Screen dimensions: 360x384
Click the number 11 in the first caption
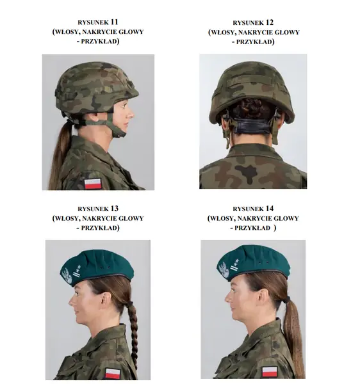tap(114, 22)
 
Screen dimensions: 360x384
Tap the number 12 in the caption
tap(269, 22)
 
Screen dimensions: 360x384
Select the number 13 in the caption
tap(114, 209)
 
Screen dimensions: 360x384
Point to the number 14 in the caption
tap(269, 209)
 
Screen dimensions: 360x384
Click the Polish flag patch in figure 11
tap(93, 184)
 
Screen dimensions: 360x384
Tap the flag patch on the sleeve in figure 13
tap(113, 374)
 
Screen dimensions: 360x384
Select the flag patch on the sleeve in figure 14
tap(270, 372)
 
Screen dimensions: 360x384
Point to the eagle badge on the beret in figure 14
tap(224, 270)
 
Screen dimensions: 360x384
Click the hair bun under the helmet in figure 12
tap(252, 108)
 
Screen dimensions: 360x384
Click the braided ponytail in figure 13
tap(133, 335)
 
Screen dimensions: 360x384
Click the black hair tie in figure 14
tap(287, 300)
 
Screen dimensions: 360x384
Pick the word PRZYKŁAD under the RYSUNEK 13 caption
tap(99, 228)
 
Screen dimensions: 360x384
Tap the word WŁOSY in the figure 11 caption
tap(67, 32)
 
